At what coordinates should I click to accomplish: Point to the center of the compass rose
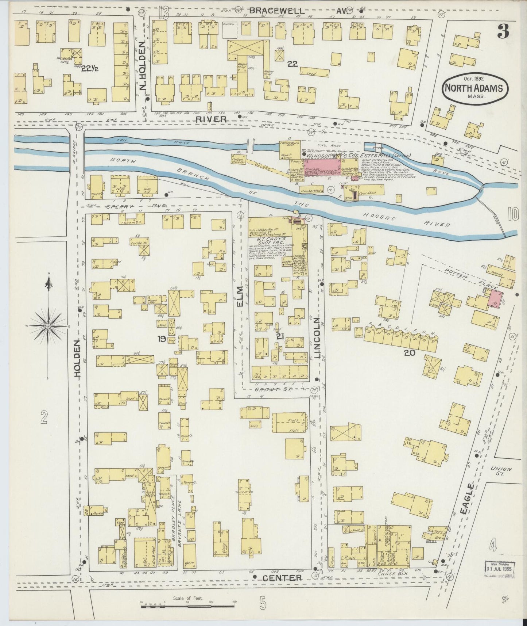tap(48, 325)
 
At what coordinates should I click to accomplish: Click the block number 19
tap(162, 339)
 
